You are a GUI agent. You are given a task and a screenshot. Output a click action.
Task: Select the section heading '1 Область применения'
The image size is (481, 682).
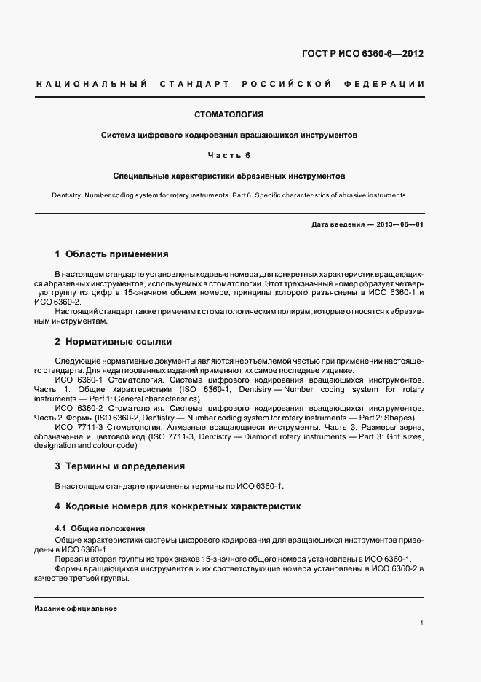click(x=111, y=254)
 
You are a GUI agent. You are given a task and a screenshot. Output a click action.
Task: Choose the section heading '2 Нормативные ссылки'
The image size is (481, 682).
click(x=113, y=341)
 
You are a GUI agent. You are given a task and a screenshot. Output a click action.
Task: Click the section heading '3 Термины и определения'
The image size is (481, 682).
click(x=119, y=466)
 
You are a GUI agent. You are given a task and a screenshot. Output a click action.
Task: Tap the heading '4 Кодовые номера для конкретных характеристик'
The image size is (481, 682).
click(x=178, y=506)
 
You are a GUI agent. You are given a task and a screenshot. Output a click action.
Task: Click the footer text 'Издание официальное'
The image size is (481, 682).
click(x=75, y=608)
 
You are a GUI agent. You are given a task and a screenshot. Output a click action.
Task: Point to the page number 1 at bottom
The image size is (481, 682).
click(x=422, y=623)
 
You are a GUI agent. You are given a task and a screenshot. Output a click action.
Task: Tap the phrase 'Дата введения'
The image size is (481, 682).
click(x=337, y=224)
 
